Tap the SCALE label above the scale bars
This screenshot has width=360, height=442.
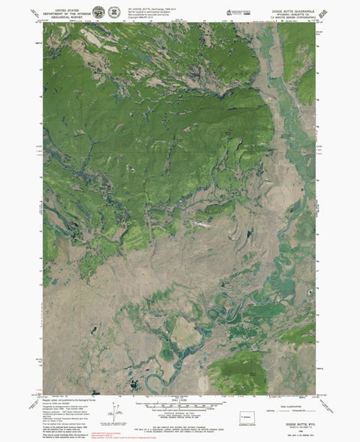(x=181, y=401)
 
